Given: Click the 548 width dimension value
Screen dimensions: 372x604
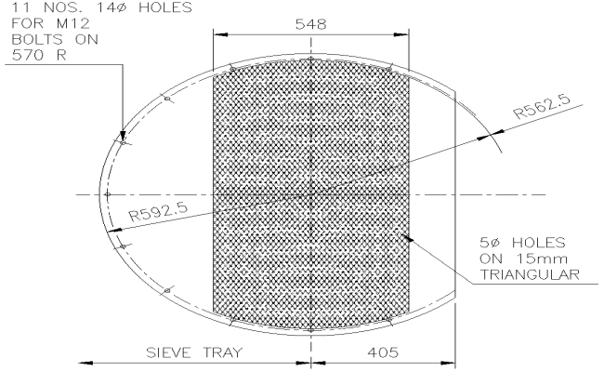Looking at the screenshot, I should (x=310, y=24).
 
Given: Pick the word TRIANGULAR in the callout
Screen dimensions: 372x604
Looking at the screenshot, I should (x=527, y=274).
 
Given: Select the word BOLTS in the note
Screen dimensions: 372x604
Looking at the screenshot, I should (x=30, y=40).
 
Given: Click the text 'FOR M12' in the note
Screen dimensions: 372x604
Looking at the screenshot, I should (x=32, y=25).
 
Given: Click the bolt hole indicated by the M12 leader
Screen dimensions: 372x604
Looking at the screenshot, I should (x=124, y=139).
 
